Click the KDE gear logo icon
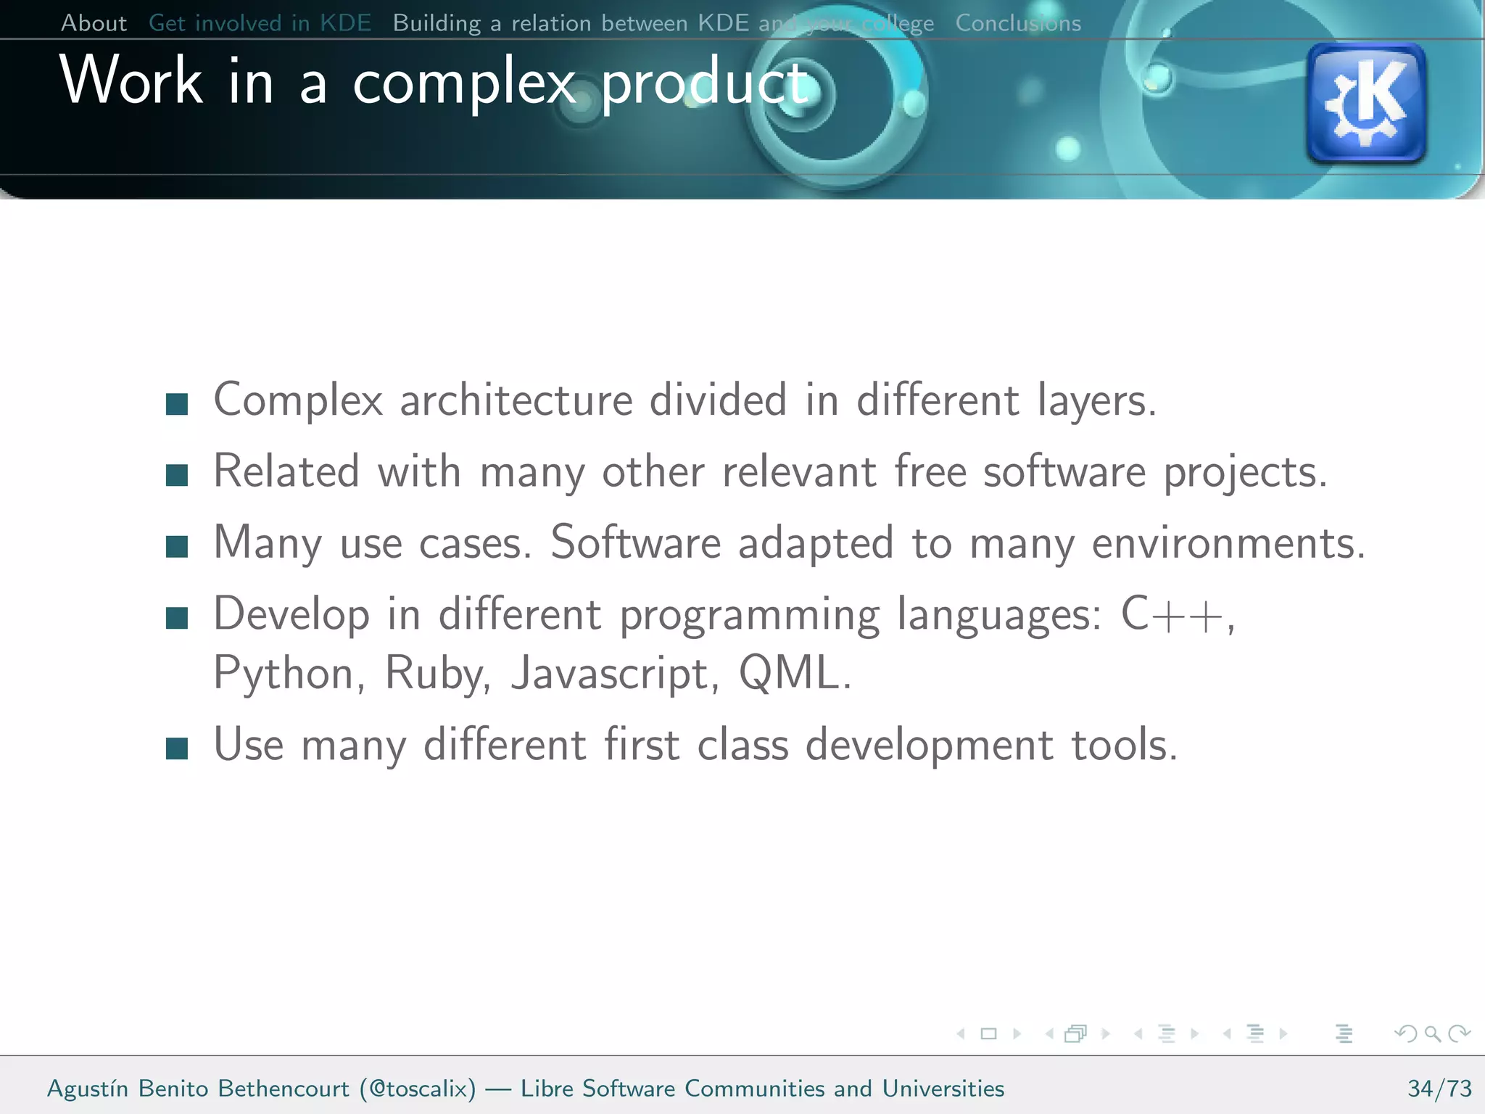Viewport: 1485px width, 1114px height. [x=1366, y=102]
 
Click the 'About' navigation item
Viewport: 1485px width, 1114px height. [x=94, y=23]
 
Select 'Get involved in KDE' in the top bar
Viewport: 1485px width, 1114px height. [x=260, y=23]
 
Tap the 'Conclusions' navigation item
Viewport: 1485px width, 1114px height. [x=1017, y=23]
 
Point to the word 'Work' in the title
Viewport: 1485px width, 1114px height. [x=131, y=81]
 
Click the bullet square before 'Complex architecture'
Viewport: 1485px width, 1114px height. [x=177, y=404]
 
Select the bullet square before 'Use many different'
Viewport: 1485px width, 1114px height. [x=177, y=748]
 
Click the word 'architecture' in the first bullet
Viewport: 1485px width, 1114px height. [x=516, y=400]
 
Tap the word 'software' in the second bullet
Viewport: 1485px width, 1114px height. [x=1064, y=472]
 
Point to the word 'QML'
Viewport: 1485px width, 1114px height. [x=788, y=673]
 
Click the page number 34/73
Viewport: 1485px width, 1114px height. [x=1439, y=1089]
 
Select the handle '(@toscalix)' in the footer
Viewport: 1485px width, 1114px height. [x=418, y=1089]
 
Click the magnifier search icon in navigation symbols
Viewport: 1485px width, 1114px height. [x=1432, y=1033]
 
